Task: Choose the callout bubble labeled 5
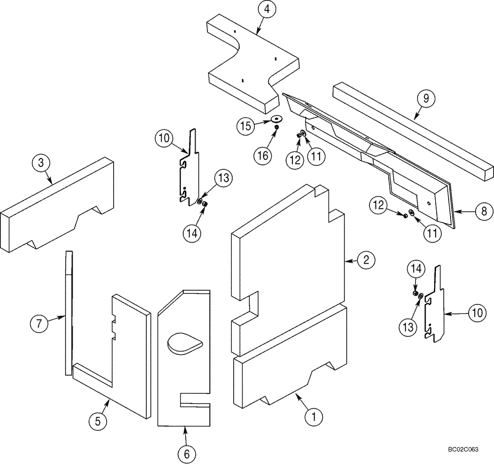coord(98,421)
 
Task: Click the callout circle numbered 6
coord(186,453)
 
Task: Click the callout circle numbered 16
coord(263,155)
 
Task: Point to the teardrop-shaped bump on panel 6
coord(185,343)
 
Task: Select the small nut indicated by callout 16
coord(277,128)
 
